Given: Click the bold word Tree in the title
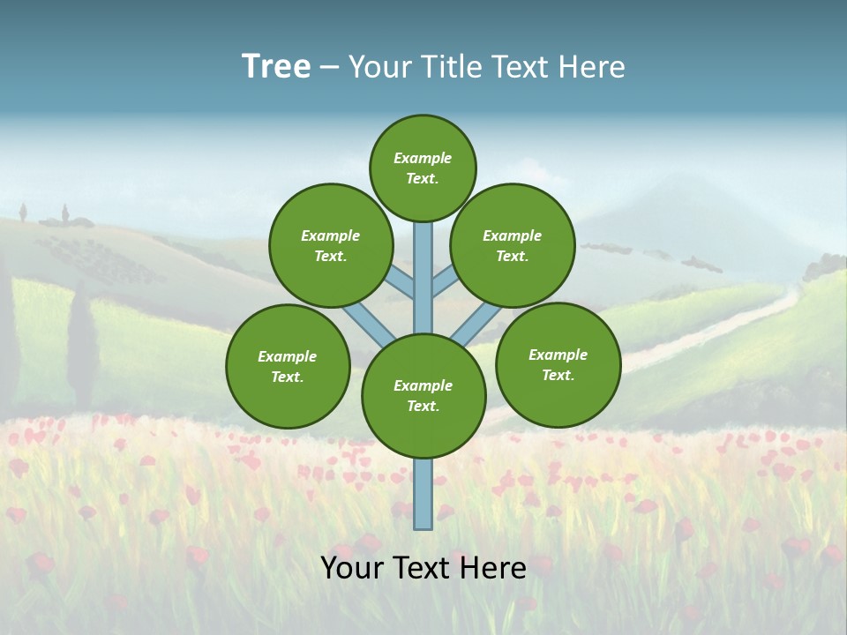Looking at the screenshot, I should [276, 67].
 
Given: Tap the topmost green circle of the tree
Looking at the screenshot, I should [423, 168].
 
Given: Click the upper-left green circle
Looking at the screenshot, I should [330, 245].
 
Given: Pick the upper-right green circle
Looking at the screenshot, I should [513, 245].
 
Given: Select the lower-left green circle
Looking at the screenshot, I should [288, 366].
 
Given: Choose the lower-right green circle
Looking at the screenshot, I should [558, 364].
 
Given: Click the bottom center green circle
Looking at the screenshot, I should [423, 395].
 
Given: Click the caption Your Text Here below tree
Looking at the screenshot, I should [423, 568].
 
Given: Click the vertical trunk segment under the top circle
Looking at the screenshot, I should [423, 273].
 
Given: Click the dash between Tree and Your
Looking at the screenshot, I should [329, 68].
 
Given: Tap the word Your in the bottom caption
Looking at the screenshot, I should [352, 568].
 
